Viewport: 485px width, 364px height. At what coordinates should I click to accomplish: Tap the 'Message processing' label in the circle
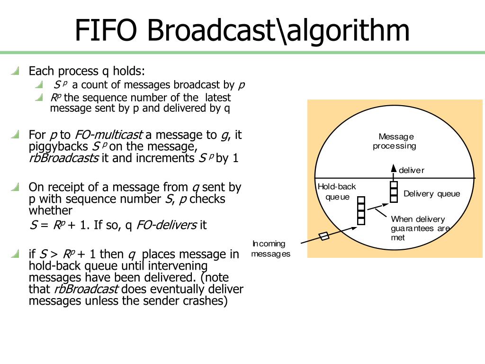click(x=394, y=141)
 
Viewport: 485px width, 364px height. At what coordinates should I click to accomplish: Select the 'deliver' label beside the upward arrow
click(x=411, y=170)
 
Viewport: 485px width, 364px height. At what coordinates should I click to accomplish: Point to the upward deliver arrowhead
click(x=393, y=168)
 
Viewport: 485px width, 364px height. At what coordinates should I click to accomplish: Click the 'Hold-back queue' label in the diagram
click(x=337, y=191)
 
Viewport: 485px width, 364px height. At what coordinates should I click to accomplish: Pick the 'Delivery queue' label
click(x=431, y=194)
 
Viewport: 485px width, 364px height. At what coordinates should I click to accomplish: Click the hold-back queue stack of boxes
click(x=361, y=210)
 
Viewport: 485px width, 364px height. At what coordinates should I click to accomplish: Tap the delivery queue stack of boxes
click(x=394, y=191)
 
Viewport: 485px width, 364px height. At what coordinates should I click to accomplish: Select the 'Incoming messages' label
click(x=270, y=249)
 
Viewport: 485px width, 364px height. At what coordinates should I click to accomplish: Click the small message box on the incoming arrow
click(x=324, y=237)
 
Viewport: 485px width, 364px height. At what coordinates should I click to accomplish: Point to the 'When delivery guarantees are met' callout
click(x=420, y=228)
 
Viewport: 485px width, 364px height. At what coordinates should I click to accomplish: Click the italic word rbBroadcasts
click(x=63, y=158)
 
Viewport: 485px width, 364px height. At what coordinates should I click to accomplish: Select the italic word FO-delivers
click(x=166, y=225)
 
